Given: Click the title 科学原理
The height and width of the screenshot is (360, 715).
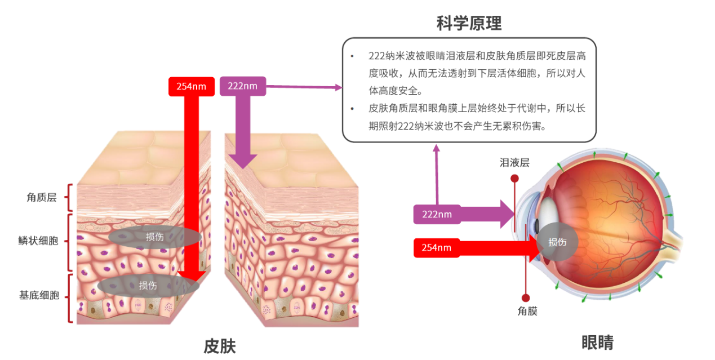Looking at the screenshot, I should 469,23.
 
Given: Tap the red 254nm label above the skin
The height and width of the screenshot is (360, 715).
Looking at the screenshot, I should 192,86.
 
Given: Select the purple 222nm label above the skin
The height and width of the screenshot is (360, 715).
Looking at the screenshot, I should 242,86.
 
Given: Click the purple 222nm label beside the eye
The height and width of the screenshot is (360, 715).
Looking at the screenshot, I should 437,214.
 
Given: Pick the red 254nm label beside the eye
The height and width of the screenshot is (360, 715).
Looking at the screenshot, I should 437,247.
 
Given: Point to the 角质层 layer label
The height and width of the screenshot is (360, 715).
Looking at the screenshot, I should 42,197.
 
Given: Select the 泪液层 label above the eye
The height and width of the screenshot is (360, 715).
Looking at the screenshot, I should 514,163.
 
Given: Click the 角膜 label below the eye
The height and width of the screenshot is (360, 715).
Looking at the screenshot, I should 527,310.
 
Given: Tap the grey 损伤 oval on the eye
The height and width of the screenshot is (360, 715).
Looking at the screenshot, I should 557,242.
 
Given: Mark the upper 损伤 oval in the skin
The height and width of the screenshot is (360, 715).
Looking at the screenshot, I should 155,237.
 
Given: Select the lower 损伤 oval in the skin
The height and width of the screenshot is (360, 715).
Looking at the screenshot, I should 148,286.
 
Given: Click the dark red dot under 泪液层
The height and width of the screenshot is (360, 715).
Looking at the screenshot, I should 514,179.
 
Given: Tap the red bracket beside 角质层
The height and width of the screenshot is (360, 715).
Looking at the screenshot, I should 70,197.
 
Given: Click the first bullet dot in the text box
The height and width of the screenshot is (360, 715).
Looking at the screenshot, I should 353,56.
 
